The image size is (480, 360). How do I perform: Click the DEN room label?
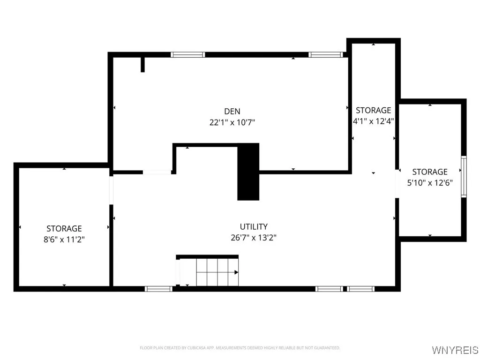pos(232,111)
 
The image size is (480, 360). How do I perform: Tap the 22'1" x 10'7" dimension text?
pos(232,122)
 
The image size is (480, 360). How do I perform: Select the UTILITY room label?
pos(254,226)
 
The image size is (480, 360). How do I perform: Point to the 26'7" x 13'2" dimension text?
pos(254,238)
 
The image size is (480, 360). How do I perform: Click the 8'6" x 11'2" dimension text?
pos(64,239)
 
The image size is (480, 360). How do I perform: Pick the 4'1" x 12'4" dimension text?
pos(374,121)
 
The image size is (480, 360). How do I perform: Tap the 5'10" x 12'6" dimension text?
pos(430,183)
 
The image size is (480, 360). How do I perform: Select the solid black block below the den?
pos(248,172)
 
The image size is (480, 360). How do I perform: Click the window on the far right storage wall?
pos(464,176)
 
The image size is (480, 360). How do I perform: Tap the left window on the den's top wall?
pos(188,55)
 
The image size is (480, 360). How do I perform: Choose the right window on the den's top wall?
pos(326,55)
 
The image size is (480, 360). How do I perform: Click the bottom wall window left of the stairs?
pos(159,289)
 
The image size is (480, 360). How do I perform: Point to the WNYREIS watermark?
pos(455,350)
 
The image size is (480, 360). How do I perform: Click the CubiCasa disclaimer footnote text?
pos(240,348)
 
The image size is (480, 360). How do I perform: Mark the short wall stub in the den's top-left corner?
pos(142,64)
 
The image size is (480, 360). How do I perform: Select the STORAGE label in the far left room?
pos(64,228)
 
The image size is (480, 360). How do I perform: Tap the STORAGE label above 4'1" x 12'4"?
pos(374,110)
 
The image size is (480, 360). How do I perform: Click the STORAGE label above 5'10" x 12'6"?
pos(430,172)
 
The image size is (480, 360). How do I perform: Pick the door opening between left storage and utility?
pos(112,190)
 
